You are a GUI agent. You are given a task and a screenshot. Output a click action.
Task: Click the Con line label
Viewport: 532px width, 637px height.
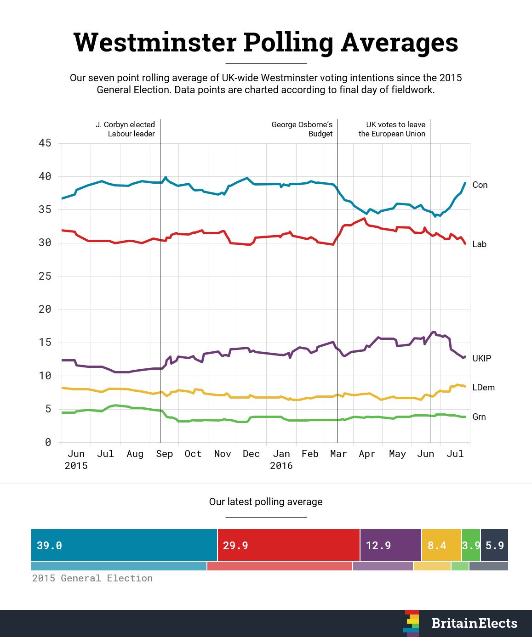tap(480, 185)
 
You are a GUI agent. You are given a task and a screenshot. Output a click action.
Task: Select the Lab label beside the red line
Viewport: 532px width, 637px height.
tap(479, 244)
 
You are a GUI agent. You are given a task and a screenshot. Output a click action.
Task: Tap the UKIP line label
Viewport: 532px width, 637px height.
tap(481, 358)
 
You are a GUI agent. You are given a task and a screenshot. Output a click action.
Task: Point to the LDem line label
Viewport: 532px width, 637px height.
tap(483, 387)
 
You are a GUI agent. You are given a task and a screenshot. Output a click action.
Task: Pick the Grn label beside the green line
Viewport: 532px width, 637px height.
tap(479, 417)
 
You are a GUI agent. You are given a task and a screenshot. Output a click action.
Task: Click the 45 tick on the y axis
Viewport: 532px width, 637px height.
tap(45, 143)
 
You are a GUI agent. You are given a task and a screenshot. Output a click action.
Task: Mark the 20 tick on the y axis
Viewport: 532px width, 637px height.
tap(45, 309)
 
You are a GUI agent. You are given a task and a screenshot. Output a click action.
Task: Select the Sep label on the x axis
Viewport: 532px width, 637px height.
tap(164, 454)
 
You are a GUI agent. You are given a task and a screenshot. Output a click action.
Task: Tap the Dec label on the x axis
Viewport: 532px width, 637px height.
tap(251, 454)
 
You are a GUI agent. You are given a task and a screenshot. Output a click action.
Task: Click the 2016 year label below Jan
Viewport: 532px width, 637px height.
tap(281, 466)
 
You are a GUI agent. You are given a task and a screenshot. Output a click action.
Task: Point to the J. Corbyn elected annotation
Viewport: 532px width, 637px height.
tap(125, 129)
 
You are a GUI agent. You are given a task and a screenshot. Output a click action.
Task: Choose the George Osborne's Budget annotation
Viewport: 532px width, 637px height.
tap(302, 129)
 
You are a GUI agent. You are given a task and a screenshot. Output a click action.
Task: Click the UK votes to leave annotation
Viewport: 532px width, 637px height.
tap(392, 129)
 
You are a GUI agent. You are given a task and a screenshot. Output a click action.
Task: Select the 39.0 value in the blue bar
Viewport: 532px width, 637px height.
tap(49, 545)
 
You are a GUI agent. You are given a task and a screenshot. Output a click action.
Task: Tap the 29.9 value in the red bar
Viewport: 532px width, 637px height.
tap(235, 545)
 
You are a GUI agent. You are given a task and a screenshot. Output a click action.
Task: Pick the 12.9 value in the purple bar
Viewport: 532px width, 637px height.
tap(378, 545)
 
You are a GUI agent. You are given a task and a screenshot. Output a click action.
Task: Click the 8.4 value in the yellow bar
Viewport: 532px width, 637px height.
tap(437, 545)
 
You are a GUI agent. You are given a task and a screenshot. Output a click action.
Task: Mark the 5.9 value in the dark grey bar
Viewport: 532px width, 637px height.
tap(495, 545)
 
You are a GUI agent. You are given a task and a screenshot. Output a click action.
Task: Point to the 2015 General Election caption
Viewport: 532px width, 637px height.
tap(92, 578)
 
